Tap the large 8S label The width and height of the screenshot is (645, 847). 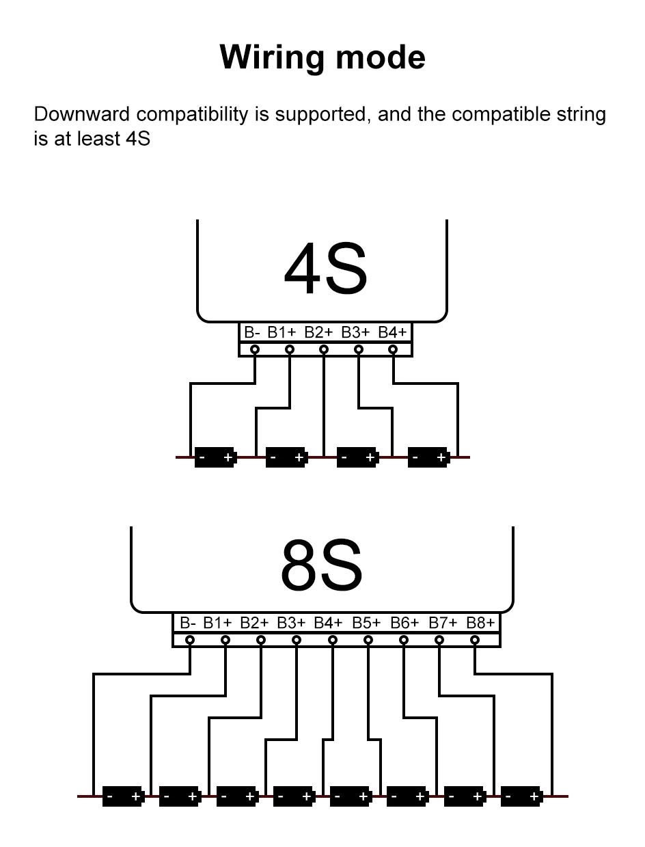(x=321, y=566)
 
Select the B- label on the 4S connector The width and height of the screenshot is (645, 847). (x=252, y=332)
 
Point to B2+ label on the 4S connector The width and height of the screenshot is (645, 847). (x=318, y=332)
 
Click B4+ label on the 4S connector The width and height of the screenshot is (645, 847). (x=392, y=332)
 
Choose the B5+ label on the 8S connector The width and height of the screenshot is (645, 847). (x=366, y=623)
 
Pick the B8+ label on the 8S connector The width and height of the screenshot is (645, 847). (x=480, y=623)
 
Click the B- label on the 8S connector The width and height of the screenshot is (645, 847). (x=188, y=623)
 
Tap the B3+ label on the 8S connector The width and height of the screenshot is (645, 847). (x=291, y=623)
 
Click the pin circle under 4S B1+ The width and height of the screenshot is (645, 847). (x=290, y=349)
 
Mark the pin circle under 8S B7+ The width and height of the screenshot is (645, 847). (x=439, y=640)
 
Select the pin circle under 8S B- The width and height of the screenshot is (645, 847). (x=190, y=640)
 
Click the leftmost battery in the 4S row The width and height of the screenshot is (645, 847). (x=215, y=457)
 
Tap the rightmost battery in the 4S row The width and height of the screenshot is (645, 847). (x=428, y=457)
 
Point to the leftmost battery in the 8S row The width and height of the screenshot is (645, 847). (x=123, y=796)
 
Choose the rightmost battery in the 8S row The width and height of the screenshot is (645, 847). (x=521, y=796)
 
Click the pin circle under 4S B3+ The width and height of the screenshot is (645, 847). (x=358, y=349)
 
